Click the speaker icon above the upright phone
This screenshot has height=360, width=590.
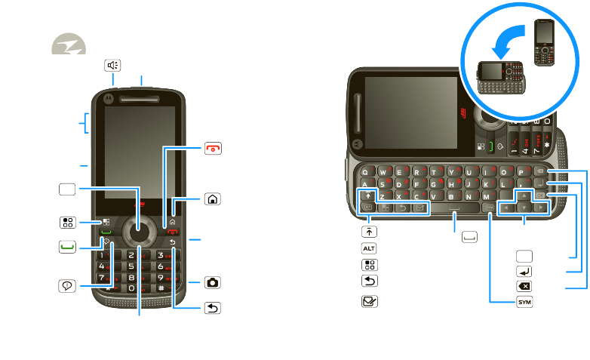coord(112,66)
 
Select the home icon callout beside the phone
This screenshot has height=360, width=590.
coord(214,200)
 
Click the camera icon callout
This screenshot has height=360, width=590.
coord(214,282)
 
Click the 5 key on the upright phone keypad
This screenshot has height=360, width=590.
coord(132,266)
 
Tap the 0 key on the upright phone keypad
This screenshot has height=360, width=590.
coord(133,288)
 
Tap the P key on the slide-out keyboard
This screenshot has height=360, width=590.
coord(522,171)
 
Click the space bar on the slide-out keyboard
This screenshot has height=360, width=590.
coord(455,208)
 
